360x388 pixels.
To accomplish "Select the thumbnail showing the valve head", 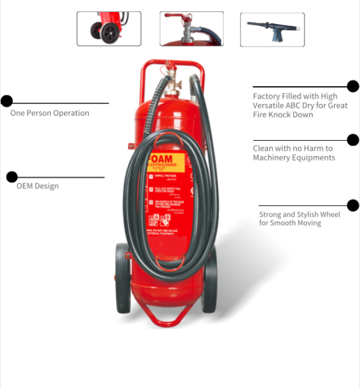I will coord(191,29).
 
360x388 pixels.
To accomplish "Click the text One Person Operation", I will coord(49,113).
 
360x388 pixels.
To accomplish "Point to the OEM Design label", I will coord(37,186).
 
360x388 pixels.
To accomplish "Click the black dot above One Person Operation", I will coord(7,101).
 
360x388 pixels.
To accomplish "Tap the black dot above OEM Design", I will coord(12,177).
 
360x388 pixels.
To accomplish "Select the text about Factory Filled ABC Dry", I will coord(300,105).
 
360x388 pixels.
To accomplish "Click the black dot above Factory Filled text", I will coord(353,85).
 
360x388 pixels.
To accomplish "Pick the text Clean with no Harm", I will coord(293,153).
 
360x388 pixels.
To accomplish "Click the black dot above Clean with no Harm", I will coord(353,140).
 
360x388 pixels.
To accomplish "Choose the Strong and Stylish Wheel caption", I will coord(299,219).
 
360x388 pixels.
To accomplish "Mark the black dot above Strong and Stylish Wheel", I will coord(353,205).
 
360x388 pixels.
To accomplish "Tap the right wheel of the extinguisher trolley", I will coord(210,283).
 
